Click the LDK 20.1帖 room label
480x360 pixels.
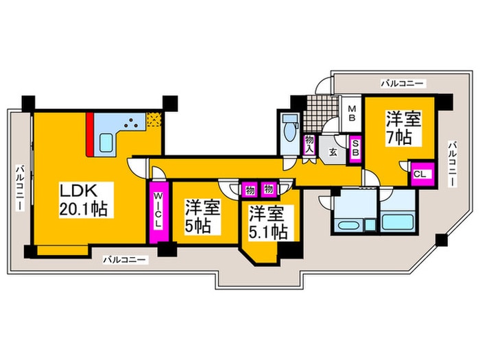pyautogui.click(x=84, y=198)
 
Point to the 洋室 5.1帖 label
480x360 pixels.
pyautogui.click(x=267, y=222)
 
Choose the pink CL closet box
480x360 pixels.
pyautogui.click(x=420, y=173)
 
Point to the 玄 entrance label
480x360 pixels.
pyautogui.click(x=332, y=152)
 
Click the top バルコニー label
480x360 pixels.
pyautogui.click(x=403, y=83)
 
